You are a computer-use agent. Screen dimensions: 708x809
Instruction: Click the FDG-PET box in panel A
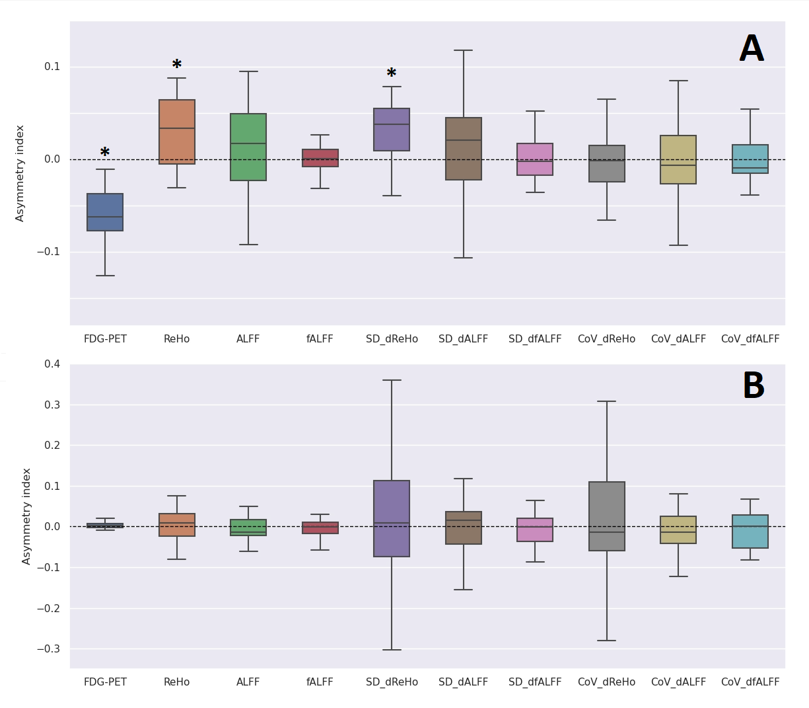105,212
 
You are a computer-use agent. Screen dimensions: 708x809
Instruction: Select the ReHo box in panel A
177,132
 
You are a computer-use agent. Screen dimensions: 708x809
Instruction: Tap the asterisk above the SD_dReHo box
392,73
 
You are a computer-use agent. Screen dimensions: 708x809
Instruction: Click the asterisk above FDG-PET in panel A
105,153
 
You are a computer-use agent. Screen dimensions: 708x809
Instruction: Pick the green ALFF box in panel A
248,147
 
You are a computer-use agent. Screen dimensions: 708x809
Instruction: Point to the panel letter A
752,50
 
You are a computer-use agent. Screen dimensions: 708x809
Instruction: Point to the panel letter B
754,386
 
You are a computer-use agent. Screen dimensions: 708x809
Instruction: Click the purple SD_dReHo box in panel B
392,518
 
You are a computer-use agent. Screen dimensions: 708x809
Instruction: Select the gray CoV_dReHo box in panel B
607,516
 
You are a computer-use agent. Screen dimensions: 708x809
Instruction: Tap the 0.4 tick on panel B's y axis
52,364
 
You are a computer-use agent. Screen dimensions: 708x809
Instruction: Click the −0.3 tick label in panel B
48,649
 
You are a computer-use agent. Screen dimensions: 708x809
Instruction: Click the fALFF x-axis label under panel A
320,339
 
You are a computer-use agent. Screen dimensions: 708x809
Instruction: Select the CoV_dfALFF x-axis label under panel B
750,682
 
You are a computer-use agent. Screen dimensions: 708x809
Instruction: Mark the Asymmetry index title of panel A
20,173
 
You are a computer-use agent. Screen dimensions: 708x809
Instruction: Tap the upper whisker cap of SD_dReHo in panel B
392,380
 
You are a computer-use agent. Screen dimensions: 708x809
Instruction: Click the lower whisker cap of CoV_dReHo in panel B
607,641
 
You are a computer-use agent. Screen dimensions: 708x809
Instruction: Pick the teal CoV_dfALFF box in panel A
750,159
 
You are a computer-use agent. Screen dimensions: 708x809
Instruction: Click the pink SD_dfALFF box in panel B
535,530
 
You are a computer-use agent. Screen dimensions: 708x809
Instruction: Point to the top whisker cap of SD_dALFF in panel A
464,50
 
